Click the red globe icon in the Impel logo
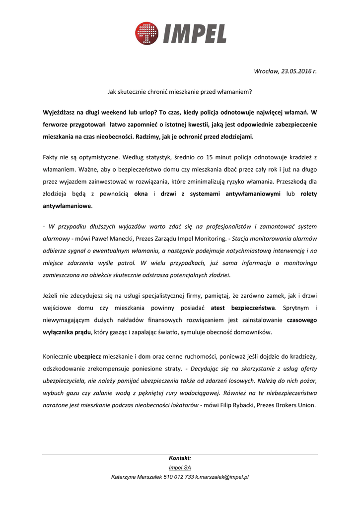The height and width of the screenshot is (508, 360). coord(146,33)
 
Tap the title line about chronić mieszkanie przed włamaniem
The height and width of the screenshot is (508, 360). coord(180,92)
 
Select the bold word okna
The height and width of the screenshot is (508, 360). coord(142,194)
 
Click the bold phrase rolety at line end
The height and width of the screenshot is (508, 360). coord(308,194)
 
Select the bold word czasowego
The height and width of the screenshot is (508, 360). coord(301,320)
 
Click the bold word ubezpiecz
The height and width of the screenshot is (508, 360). coord(87,357)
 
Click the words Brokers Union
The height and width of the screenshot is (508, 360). coord(295,405)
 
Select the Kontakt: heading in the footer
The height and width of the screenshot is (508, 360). coord(180,458)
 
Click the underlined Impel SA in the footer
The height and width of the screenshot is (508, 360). coord(180,467)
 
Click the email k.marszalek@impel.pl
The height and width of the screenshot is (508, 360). coord(222,477)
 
